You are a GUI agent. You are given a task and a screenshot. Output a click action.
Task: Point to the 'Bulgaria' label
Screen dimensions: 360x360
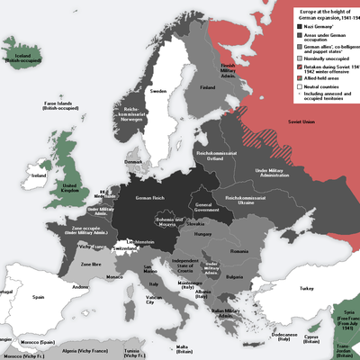pyautogui.click(x=234, y=278)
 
